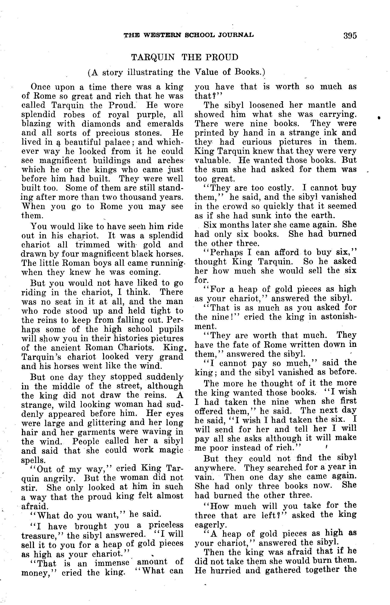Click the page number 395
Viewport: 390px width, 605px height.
[350, 35]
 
